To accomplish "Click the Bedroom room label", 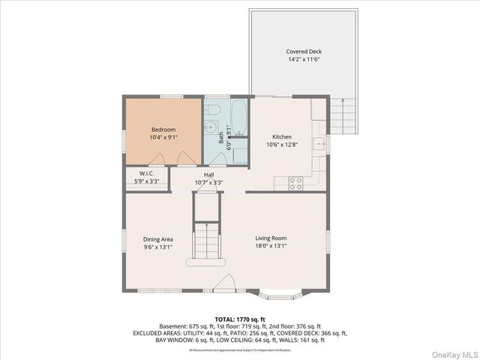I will pos(163,130).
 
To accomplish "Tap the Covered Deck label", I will pos(303,52).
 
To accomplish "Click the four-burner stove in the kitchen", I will pos(295,181).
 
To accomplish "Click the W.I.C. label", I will pos(146,173).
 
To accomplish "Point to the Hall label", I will pos(209,174).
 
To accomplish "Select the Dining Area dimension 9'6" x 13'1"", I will pos(157,247).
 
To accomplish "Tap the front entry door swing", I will pos(224,283).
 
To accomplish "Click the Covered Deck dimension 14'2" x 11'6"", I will pos(303,60).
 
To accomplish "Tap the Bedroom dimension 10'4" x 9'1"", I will pos(163,138).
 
